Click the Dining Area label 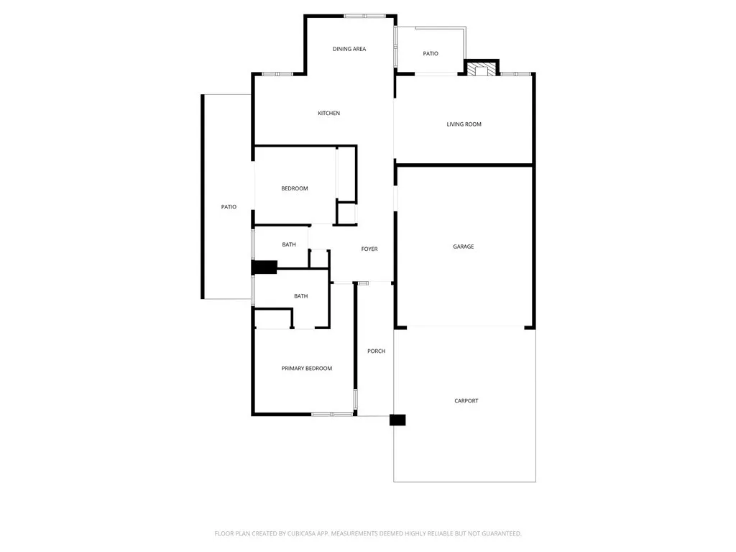349,49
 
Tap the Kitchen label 329,113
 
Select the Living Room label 464,124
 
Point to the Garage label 463,247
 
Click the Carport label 466,400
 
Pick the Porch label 376,351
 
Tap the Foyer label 369,249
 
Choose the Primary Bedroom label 307,368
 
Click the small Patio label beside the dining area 431,53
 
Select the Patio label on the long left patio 229,207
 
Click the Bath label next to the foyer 289,244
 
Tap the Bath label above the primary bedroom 300,296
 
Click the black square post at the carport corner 397,420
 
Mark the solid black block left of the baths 264,267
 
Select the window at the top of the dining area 364,16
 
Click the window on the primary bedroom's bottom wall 332,414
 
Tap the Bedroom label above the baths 294,188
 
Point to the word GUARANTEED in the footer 497,533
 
